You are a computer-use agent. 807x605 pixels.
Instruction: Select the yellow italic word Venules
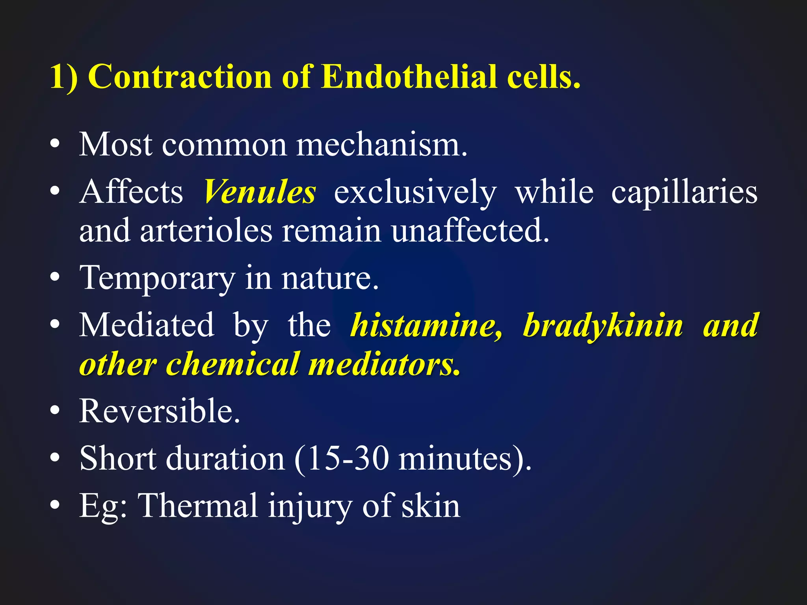[x=260, y=192]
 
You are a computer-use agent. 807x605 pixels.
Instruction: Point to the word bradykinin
[x=603, y=326]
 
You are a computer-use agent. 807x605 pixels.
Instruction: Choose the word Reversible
[x=159, y=411]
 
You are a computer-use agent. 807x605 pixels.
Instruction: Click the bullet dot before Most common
[x=55, y=145]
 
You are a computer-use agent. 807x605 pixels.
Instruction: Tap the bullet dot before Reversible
[x=55, y=411]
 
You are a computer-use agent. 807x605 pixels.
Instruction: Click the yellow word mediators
[x=384, y=364]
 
